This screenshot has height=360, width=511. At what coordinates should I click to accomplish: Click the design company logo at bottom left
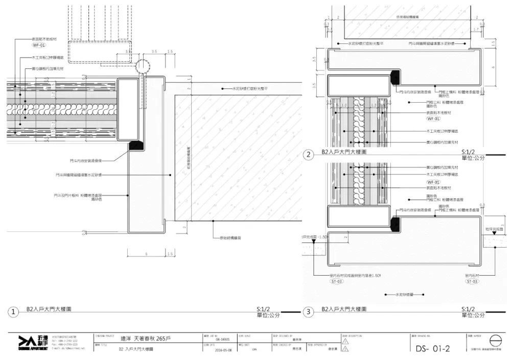(33, 343)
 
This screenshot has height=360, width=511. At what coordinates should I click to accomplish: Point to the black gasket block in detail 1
(136, 145)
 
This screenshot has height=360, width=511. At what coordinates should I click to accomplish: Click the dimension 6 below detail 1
(147, 254)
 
